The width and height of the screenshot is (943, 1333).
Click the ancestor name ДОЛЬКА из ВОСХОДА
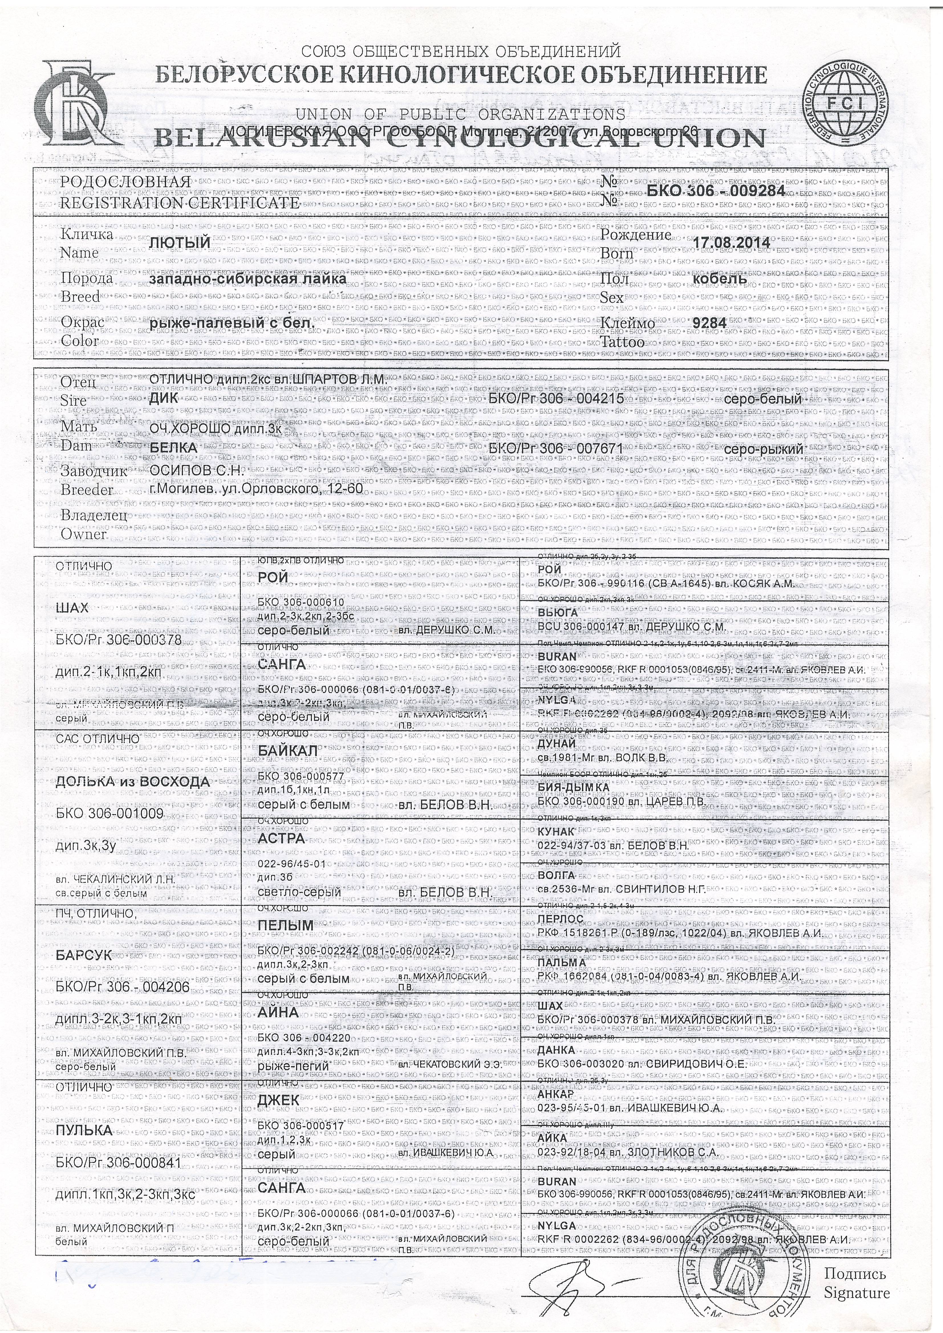click(x=133, y=782)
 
